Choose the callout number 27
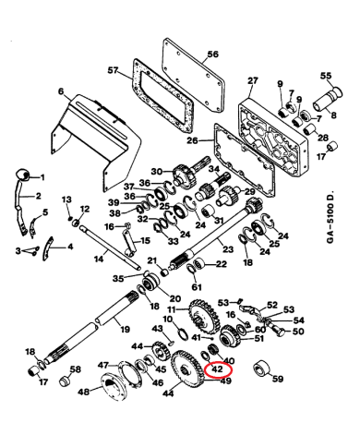253,81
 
